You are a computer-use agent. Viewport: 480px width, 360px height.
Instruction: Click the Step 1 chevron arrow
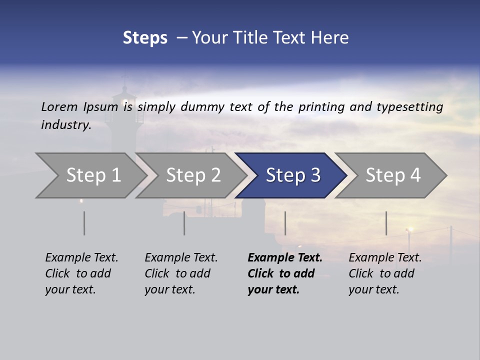(x=92, y=175)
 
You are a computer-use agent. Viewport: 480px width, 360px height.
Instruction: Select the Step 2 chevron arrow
(x=192, y=175)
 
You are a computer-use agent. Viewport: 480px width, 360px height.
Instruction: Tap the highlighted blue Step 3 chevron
(x=292, y=175)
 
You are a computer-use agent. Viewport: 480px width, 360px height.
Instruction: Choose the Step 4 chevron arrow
(x=392, y=175)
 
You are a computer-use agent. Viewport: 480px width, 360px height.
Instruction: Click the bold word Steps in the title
(x=145, y=38)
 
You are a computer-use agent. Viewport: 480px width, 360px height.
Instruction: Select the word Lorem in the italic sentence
(x=59, y=107)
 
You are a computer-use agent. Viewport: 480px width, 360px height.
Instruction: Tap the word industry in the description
(x=65, y=125)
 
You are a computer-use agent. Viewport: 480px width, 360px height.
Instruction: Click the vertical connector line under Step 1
(x=84, y=223)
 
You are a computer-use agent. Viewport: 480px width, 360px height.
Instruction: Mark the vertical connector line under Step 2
(x=184, y=223)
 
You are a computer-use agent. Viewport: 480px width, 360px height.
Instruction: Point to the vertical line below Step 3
(x=285, y=223)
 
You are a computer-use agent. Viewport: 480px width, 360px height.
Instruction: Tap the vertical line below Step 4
(x=386, y=223)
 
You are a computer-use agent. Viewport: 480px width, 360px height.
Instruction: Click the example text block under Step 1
(x=81, y=273)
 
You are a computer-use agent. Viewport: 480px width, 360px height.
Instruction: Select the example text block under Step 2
(x=181, y=273)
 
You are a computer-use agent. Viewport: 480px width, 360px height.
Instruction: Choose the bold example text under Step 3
(x=285, y=273)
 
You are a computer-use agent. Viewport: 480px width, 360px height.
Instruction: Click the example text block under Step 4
(x=385, y=273)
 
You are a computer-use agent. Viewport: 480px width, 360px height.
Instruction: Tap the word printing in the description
(x=322, y=107)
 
